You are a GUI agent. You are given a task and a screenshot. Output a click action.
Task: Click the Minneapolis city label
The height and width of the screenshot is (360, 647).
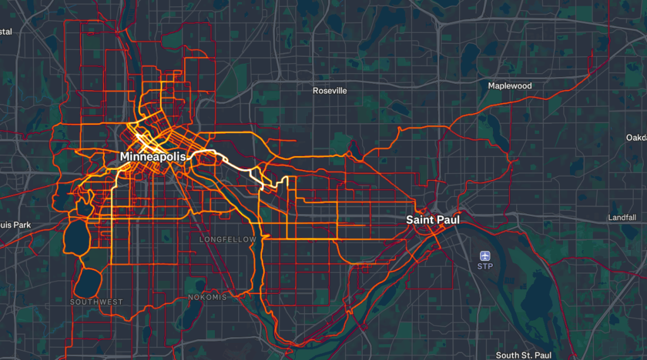[x=154, y=156]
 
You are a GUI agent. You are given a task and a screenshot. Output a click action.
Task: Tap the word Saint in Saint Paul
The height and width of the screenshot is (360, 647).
[x=420, y=220]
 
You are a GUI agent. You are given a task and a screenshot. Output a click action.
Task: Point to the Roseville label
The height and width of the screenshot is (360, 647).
[x=330, y=91]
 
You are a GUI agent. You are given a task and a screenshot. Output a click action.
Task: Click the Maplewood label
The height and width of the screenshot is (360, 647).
[x=510, y=86]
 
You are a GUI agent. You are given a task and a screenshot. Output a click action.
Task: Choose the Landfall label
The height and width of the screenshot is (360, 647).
[x=622, y=217]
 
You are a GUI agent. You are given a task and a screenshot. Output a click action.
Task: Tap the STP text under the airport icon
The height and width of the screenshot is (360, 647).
[x=485, y=267]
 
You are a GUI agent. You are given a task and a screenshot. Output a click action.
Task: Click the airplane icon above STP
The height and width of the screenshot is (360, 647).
[x=485, y=255]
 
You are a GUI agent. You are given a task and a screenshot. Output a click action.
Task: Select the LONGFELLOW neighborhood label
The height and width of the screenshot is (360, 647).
[x=228, y=240]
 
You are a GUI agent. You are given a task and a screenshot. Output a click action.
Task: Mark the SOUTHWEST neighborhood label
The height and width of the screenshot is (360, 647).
[x=96, y=302]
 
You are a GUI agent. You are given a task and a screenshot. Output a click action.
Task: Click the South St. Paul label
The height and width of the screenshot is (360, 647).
[x=524, y=356]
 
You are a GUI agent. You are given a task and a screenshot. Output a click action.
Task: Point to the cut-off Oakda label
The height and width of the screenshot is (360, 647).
[x=636, y=138]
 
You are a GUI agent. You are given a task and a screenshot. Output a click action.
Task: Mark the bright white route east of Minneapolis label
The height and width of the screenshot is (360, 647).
[x=237, y=160]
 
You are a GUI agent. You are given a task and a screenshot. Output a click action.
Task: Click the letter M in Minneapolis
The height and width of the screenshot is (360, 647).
[x=125, y=156]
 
